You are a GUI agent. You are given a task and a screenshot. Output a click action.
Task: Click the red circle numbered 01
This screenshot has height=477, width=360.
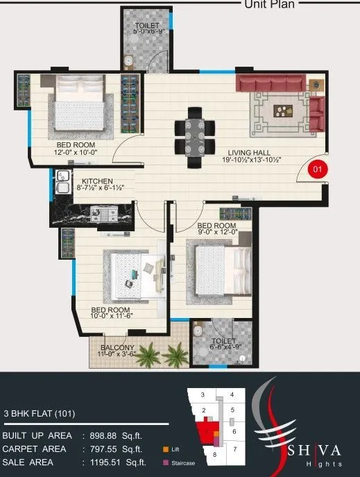point(317,168)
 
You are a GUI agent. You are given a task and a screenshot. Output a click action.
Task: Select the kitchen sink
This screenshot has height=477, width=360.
point(61,185)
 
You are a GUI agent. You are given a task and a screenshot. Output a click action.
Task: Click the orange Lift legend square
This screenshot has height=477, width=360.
point(165,449)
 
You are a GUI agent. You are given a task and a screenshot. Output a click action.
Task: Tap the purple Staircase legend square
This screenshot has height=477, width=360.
point(165,462)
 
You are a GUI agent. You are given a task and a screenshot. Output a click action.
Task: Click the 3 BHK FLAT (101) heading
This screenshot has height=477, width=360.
point(40,414)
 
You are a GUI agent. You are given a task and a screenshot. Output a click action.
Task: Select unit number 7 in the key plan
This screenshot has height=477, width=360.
point(235,449)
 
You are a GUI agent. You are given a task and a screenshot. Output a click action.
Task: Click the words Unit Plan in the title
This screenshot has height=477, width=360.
point(270,4)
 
